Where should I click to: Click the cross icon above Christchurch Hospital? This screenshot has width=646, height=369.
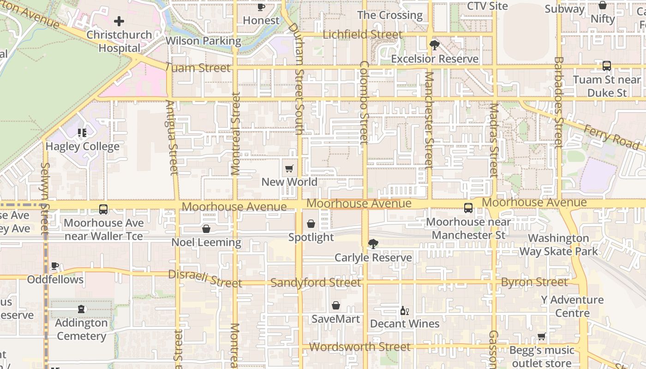(119, 21)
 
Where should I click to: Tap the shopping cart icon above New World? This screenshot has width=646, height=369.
(289, 168)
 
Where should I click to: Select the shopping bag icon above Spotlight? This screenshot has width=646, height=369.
(311, 224)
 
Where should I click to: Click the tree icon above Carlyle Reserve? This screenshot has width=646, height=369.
(373, 244)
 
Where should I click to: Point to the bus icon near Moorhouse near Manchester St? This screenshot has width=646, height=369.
(468, 208)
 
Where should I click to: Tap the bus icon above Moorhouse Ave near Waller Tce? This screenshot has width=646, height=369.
(103, 209)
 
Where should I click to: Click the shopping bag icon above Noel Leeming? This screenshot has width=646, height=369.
(206, 229)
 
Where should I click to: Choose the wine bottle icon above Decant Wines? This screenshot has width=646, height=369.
(404, 310)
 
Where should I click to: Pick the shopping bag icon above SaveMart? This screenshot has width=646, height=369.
(336, 305)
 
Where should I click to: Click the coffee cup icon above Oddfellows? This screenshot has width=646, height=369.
(55, 266)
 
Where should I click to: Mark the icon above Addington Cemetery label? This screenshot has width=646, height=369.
(81, 309)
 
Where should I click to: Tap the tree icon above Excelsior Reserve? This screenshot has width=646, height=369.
(434, 45)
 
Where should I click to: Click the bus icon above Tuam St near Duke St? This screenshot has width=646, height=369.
(606, 66)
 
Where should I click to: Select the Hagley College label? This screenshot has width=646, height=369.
(82, 147)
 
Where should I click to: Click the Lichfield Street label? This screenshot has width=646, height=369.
(362, 35)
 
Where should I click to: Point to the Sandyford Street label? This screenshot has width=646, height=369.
(316, 282)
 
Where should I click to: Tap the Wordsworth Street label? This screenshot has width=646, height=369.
(359, 347)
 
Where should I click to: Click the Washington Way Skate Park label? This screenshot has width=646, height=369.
(559, 245)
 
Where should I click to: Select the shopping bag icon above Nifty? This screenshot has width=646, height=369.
(603, 6)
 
